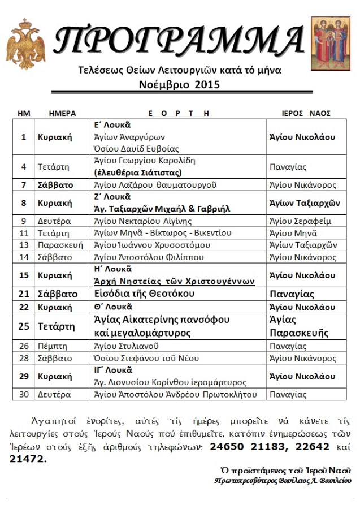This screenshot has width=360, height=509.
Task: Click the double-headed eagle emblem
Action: click(25, 44)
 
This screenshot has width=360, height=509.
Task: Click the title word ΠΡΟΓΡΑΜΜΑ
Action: click(180, 40)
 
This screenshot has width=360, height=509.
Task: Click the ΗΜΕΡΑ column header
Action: click(62, 113)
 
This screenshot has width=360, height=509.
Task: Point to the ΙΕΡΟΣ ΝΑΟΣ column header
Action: click(306, 113)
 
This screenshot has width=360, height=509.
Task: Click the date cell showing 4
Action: click(24, 167)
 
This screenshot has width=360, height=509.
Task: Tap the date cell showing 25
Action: click(24, 326)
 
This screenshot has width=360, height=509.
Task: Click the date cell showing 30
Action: click(24, 394)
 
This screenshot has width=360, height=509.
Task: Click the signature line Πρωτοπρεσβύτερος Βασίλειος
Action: click(283, 481)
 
